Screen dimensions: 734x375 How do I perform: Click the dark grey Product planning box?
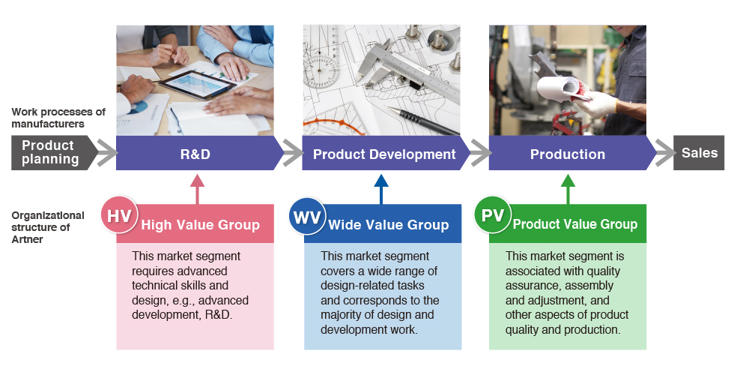(x=52, y=153)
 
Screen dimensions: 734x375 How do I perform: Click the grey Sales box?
(x=699, y=153)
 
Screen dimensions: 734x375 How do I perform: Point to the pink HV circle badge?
(x=119, y=215)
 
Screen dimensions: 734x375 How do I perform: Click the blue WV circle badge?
(x=306, y=216)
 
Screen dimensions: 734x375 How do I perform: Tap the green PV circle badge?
(x=493, y=215)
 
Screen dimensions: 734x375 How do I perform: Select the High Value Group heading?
(x=201, y=225)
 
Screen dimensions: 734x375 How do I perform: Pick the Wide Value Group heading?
(x=389, y=225)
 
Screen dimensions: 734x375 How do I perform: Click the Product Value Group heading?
(x=575, y=224)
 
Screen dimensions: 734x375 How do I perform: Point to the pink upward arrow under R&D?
(x=198, y=189)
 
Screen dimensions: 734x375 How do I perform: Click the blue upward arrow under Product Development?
(x=381, y=189)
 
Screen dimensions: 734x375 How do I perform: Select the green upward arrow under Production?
(x=568, y=189)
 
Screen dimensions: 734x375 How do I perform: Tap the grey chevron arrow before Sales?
(x=666, y=153)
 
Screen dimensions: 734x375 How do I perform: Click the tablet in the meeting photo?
(x=196, y=84)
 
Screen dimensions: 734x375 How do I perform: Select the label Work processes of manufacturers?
(x=58, y=118)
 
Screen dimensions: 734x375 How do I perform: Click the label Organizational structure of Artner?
(x=48, y=227)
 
